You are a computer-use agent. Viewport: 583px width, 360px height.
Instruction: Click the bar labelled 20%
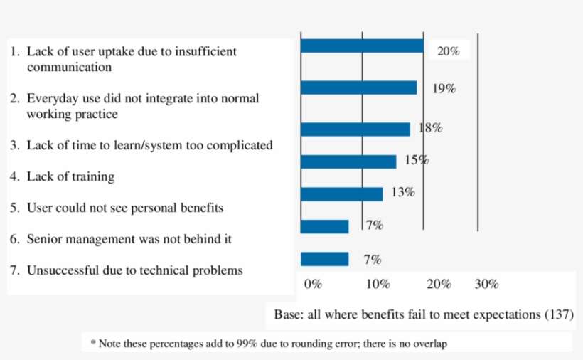[362, 46]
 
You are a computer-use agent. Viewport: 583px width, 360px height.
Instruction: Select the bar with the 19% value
[358, 88]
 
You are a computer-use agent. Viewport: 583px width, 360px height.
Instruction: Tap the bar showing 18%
[355, 129]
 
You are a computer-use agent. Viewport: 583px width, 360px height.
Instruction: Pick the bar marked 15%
[348, 162]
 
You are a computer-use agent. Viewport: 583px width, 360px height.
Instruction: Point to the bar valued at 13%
[341, 194]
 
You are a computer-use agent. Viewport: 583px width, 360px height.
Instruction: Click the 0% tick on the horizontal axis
[313, 285]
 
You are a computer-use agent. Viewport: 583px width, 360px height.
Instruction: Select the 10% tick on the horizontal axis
[377, 285]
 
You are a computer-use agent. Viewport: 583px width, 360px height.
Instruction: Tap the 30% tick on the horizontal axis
[486, 285]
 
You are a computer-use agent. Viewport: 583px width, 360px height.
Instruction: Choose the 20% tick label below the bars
[439, 285]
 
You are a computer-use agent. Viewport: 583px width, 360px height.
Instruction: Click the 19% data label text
[444, 89]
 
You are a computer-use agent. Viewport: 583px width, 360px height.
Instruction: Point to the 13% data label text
[403, 192]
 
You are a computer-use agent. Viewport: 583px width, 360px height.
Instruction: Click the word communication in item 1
[69, 68]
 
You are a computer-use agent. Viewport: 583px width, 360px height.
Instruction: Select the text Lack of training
[70, 176]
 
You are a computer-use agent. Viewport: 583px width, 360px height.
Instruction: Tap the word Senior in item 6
[45, 239]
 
